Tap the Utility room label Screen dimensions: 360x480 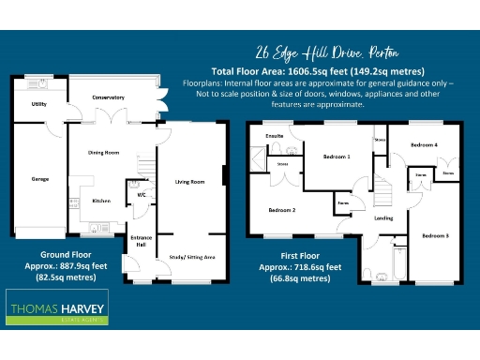38,104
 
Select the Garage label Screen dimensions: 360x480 39,178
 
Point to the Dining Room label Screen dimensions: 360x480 103,152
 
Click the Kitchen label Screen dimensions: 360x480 101,201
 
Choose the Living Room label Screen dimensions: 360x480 189,182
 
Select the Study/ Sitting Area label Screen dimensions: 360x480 190,256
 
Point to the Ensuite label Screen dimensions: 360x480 275,136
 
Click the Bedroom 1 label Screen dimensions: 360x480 336,157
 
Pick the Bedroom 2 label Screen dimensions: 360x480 281,210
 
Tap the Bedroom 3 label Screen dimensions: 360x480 434,234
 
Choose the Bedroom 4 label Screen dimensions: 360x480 424,144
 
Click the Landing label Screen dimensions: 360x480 383,218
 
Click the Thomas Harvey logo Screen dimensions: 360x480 58,308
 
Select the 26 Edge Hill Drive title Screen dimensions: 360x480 321,52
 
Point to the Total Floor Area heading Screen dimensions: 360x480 318,71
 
